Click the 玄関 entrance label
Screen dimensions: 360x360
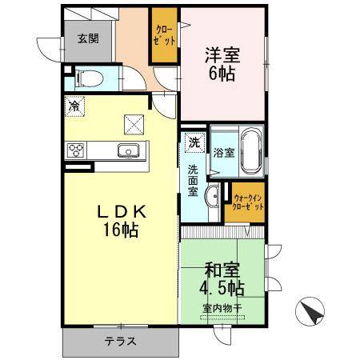(x=87, y=38)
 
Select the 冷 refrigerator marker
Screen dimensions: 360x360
(x=74, y=105)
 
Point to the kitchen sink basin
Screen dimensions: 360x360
(x=128, y=150)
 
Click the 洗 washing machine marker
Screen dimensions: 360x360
(x=193, y=143)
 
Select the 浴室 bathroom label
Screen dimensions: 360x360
(x=223, y=153)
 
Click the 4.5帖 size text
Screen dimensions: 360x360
(x=221, y=286)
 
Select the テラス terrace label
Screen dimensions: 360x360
(x=120, y=341)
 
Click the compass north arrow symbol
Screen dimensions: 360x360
(x=312, y=312)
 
